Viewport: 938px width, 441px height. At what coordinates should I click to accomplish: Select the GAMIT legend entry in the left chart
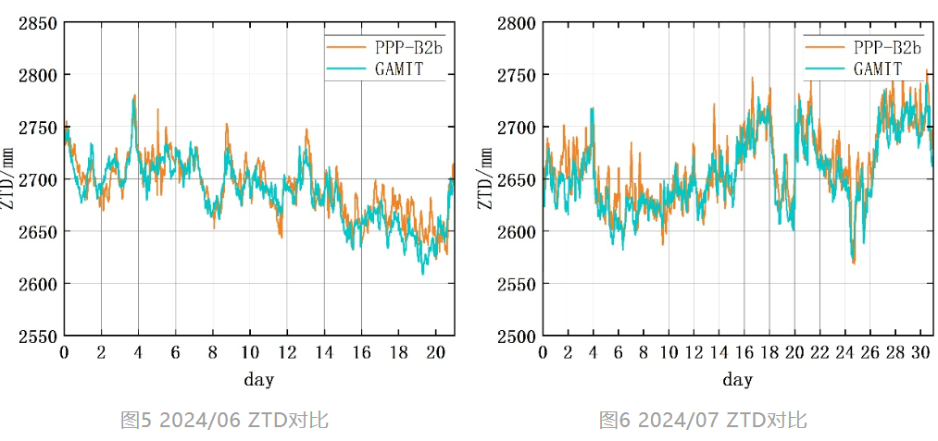click(x=398, y=68)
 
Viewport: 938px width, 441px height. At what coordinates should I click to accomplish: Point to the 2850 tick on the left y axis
click(x=38, y=23)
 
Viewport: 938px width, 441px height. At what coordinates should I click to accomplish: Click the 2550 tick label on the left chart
click(x=38, y=336)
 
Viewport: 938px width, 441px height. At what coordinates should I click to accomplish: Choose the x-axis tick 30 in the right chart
click(x=920, y=352)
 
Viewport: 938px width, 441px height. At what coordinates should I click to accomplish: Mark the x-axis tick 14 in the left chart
click(x=324, y=352)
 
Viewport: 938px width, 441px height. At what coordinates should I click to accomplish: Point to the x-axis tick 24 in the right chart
click(x=844, y=352)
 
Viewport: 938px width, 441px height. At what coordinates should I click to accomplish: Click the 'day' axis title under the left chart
click(x=259, y=379)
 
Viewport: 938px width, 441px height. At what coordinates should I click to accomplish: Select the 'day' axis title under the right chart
click(x=738, y=379)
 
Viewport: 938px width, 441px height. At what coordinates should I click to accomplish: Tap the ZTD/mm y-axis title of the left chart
click(x=11, y=178)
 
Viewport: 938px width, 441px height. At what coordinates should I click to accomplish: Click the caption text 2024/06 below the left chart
click(x=202, y=421)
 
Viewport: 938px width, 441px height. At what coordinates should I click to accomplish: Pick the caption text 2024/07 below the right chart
click(x=681, y=421)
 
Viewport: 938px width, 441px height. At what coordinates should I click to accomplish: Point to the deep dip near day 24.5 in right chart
click(x=853, y=263)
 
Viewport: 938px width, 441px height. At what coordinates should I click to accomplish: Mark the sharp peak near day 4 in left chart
click(x=135, y=95)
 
